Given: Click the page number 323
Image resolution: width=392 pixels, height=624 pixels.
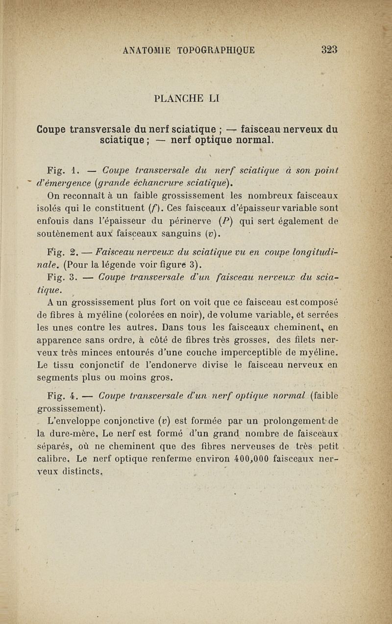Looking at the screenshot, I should tap(329, 49).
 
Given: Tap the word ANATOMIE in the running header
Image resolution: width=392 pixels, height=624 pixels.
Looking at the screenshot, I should tap(147, 50).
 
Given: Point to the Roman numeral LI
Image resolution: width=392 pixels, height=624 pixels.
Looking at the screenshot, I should tap(213, 98).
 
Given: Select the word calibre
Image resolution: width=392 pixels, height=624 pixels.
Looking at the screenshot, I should tap(53, 459).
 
